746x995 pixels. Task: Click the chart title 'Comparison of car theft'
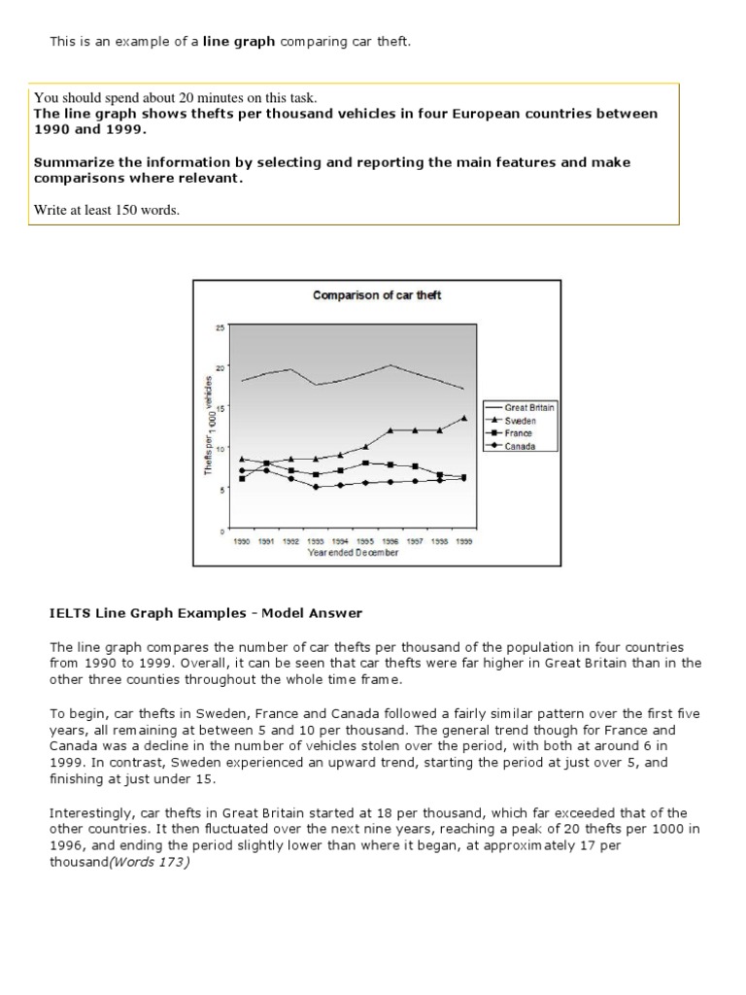377,295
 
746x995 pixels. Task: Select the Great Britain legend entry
529,408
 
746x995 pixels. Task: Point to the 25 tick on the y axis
220,327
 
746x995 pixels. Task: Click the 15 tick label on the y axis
220,409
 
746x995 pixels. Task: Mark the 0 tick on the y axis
221,532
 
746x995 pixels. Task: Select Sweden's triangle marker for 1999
464,418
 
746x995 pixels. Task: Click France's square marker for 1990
241,479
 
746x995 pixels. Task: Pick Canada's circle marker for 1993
316,487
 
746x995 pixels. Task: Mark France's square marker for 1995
365,463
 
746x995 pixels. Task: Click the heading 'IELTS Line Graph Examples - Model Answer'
206,613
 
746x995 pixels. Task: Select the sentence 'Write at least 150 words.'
107,210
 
